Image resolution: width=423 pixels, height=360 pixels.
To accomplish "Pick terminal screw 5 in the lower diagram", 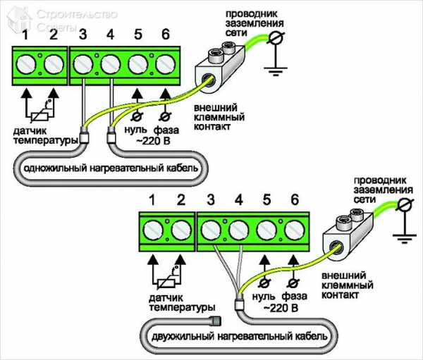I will click(x=266, y=232).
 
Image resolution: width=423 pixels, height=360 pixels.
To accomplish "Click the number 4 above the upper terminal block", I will click(x=109, y=33).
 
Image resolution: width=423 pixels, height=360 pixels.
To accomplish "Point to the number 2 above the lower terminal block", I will click(x=181, y=201).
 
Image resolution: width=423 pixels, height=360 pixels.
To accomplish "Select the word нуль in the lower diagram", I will click(x=262, y=298).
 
